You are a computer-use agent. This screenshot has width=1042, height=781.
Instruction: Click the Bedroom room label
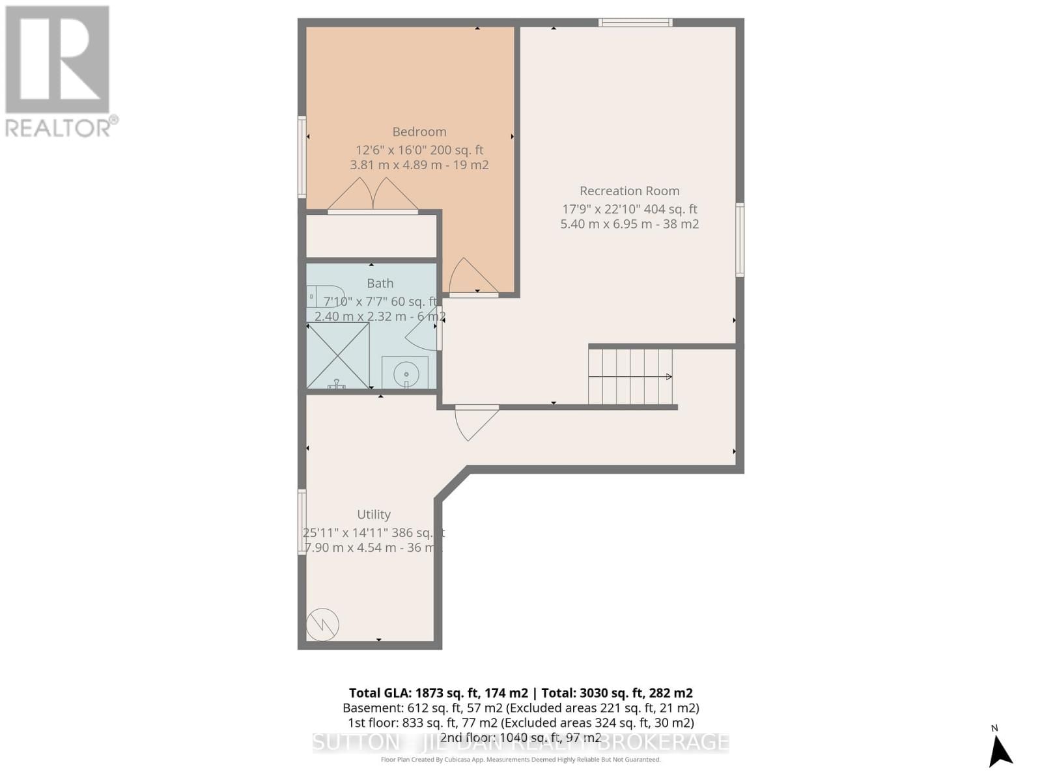coord(419,131)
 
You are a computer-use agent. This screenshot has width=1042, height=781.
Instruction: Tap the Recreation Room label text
coord(629,191)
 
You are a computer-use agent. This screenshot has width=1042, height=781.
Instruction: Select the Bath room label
coord(380,283)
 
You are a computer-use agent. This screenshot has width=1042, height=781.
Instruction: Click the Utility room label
coord(374,514)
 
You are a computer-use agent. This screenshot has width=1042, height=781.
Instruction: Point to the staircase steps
coord(630,376)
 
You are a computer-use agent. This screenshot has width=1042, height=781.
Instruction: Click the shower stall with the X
coord(338,355)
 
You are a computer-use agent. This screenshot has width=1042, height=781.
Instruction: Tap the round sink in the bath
coord(406,374)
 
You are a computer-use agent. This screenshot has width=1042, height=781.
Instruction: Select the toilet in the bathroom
coord(325,296)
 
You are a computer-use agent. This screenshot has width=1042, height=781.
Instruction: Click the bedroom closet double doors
coord(373,195)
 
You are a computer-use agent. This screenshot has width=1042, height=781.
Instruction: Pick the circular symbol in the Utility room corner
coord(323,624)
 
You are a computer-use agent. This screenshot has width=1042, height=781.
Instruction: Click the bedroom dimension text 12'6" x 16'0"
coord(391,150)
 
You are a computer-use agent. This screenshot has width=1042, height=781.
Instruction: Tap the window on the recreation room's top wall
coord(635,23)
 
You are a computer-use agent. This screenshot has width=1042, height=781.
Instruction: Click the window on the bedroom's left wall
coord(302,156)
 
